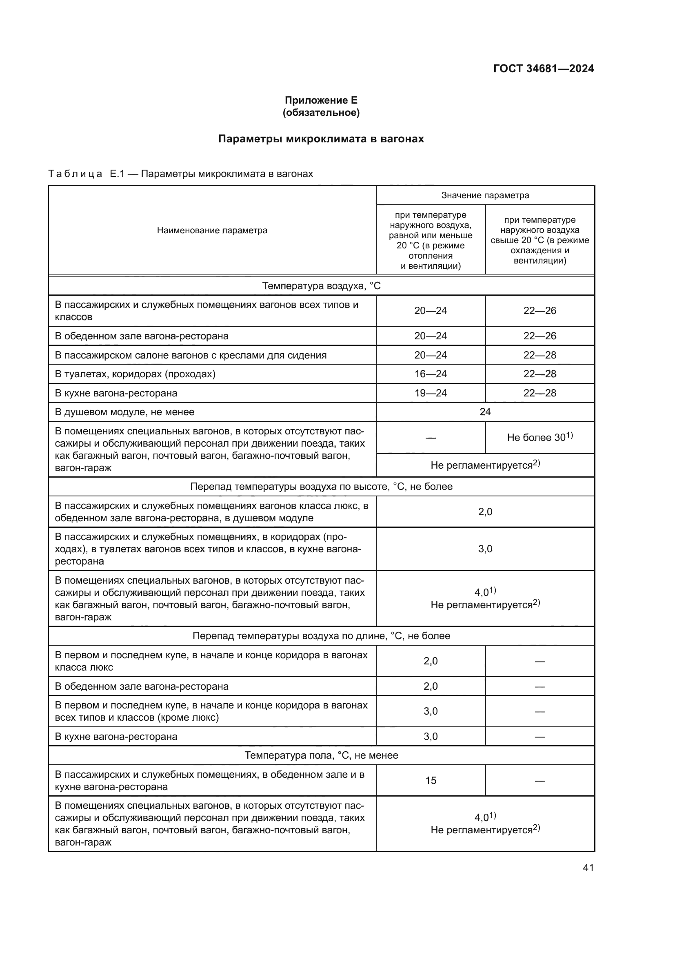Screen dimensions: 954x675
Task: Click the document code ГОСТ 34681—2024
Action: click(543, 69)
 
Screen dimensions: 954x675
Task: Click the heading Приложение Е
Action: click(321, 100)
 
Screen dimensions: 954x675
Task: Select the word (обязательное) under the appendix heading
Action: click(321, 113)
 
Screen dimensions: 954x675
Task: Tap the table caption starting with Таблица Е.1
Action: click(181, 174)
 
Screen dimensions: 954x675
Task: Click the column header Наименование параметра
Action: click(212, 230)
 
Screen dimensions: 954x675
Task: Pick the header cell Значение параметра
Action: click(485, 195)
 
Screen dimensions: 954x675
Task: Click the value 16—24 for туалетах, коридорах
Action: click(430, 374)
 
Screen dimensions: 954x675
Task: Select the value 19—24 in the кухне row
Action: click(430, 393)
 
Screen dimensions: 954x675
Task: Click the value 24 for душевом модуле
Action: click(485, 412)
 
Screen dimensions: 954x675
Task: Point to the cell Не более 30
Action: click(540, 437)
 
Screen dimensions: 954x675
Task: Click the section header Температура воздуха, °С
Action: click(321, 286)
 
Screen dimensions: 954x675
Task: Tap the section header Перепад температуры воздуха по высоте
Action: click(321, 487)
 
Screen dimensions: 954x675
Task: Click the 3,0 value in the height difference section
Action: click(485, 549)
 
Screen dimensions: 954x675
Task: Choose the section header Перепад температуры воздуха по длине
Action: click(321, 636)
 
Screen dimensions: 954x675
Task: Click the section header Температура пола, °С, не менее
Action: click(321, 755)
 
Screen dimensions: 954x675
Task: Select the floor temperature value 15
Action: click(431, 781)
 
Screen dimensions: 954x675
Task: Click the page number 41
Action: click(588, 868)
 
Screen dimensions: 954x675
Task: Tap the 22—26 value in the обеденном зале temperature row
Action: click(540, 336)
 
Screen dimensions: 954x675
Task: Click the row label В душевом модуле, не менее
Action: click(125, 412)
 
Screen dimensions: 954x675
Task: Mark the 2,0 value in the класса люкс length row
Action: click(430, 661)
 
